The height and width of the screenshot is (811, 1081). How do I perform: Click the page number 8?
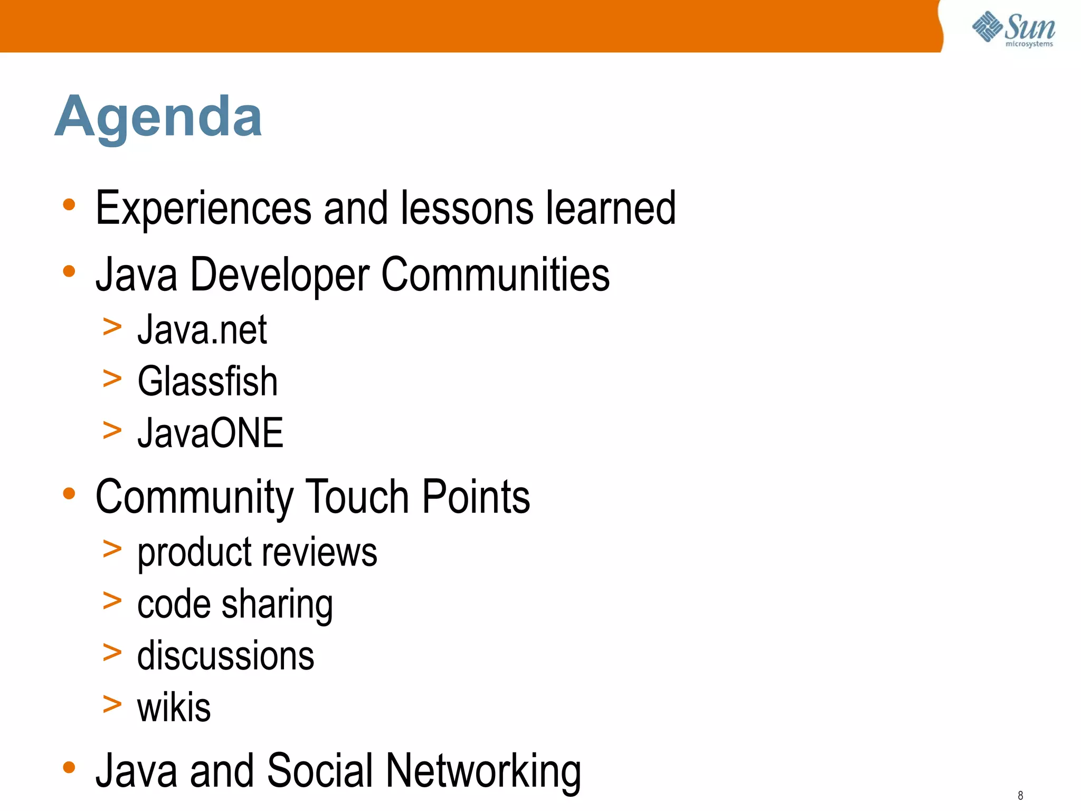[x=1020, y=795]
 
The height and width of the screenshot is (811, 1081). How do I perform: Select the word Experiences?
[x=203, y=209]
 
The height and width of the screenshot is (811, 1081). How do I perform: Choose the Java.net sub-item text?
[x=202, y=330]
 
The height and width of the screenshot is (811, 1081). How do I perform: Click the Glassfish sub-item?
[x=207, y=381]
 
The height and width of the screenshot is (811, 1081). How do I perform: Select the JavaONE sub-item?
[x=210, y=433]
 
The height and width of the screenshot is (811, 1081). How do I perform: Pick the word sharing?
[x=277, y=605]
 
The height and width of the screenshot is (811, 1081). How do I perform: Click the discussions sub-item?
[x=225, y=656]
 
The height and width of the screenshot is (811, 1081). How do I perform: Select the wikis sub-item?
[x=174, y=708]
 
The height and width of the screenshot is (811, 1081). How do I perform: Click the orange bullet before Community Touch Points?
[x=69, y=494]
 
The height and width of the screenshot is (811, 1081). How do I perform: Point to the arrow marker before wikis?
[x=112, y=704]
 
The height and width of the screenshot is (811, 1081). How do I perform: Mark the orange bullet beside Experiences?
[x=69, y=205]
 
